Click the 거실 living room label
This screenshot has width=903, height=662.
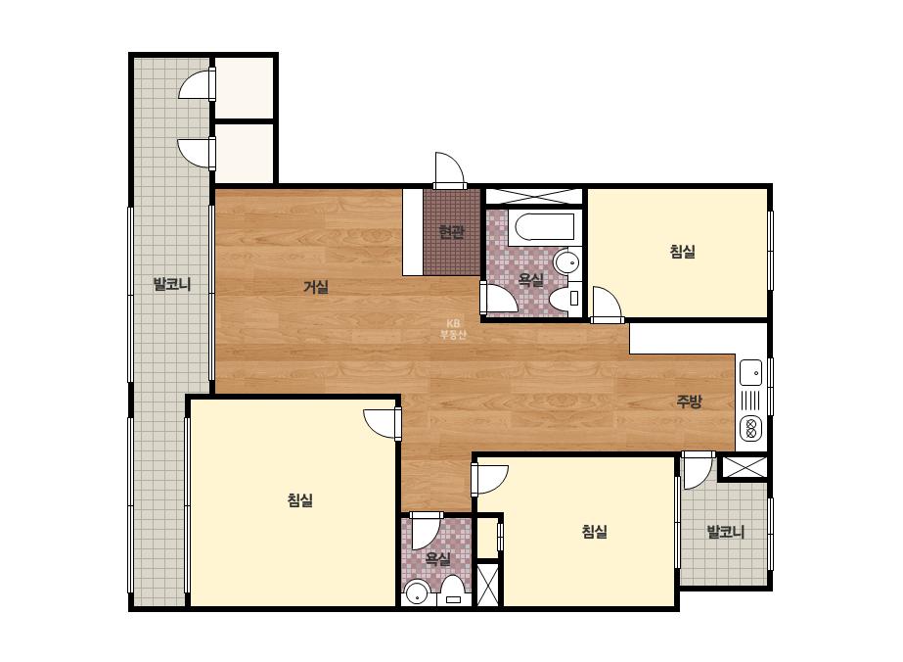point(316,287)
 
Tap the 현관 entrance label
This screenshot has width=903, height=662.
point(451,232)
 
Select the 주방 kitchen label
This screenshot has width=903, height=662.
point(689,402)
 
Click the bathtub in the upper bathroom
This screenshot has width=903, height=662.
point(545,227)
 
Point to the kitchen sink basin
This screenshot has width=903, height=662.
point(751,372)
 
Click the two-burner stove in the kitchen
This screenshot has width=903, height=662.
point(751,427)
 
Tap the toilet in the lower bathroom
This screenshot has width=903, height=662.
point(453,590)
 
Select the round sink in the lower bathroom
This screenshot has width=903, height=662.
point(416,593)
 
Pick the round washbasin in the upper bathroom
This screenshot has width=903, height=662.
point(566,262)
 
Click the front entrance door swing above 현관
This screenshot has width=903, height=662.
point(449,170)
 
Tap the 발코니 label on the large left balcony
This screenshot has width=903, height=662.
point(171,284)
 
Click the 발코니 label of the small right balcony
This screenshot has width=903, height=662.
point(726,532)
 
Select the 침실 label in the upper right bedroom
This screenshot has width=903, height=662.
point(683,252)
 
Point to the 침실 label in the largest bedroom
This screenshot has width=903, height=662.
point(300,500)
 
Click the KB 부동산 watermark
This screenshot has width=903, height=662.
point(453,330)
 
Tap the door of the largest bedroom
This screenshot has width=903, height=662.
point(383,424)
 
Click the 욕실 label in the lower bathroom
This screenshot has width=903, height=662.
point(437,558)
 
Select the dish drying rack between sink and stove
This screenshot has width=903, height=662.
point(751,400)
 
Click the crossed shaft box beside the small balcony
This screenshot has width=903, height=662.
point(745,466)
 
